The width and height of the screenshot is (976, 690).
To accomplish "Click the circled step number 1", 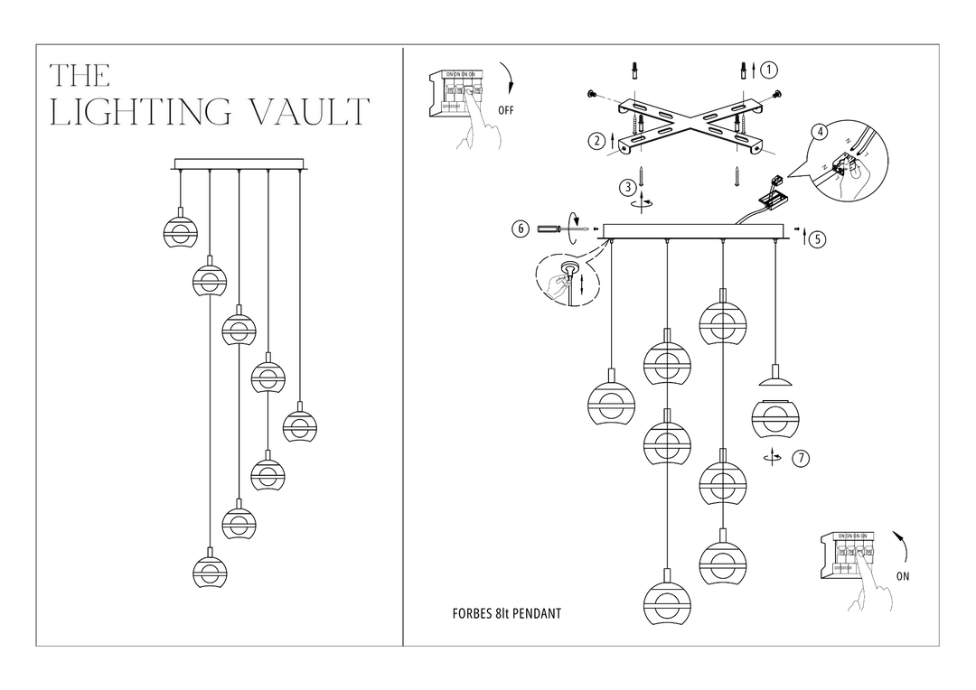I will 769,70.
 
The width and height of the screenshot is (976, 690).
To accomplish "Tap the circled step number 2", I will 596,140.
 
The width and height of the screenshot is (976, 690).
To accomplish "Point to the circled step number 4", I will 820,132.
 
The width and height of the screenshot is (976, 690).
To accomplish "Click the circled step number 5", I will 817,239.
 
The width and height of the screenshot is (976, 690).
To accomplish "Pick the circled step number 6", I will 521,228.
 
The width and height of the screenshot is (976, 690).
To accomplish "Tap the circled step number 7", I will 800,458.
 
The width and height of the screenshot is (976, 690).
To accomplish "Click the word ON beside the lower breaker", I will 902,577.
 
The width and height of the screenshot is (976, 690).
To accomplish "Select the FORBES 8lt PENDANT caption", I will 506,614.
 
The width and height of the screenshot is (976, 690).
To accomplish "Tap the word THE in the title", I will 80,75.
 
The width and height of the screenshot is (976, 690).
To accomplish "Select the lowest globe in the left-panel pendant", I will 210,570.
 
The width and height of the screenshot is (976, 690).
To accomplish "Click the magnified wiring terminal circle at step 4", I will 848,163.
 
